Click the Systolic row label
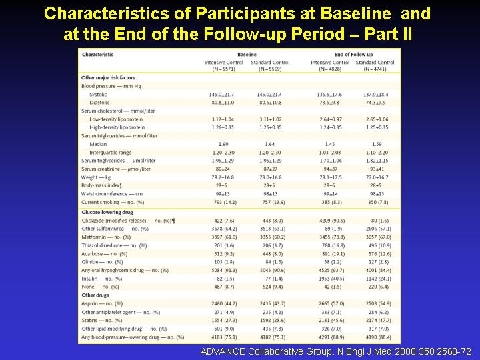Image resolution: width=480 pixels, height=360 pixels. coord(99,94)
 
